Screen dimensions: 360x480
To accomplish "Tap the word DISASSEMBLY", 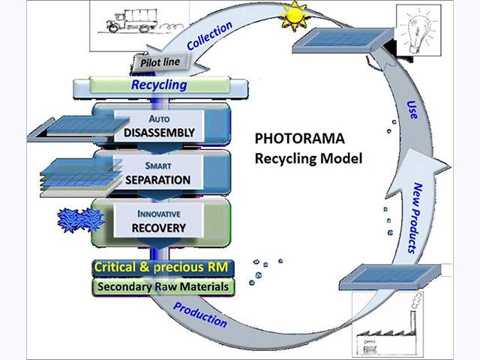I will pyautogui.click(x=160, y=133).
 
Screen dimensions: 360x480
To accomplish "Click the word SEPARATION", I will pyautogui.click(x=158, y=180).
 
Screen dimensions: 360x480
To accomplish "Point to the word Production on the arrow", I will pyautogui.click(x=200, y=314).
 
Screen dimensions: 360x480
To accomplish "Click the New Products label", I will pyautogui.click(x=428, y=217).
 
